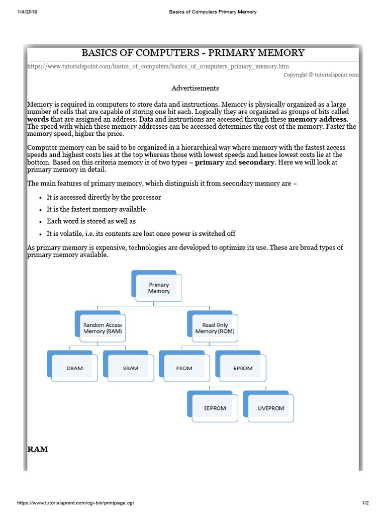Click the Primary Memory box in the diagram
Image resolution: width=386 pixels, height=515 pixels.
[159, 288]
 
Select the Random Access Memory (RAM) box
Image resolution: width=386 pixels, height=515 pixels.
[103, 328]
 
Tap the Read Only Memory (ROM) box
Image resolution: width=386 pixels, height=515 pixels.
[215, 328]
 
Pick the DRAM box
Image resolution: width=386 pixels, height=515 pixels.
[75, 368]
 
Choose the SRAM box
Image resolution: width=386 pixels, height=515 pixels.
[131, 368]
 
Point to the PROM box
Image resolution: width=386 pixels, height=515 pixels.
[184, 368]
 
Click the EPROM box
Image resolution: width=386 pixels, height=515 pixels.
[243, 368]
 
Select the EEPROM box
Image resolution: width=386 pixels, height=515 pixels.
[215, 408]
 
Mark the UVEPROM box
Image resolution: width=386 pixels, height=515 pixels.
[271, 408]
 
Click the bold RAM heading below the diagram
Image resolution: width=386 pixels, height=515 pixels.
[38, 449]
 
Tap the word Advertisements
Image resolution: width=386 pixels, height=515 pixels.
[195, 88]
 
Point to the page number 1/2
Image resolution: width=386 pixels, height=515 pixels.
[365, 503]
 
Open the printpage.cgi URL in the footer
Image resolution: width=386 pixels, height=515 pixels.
[75, 503]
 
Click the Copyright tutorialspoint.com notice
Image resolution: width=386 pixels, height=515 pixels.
[321, 74]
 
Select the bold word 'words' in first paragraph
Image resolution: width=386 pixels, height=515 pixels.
[38, 119]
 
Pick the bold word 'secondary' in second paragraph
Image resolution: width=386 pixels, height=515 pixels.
[256, 162]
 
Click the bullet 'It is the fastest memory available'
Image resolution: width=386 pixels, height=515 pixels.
[96, 209]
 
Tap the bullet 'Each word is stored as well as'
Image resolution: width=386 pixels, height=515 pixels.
[91, 221]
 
